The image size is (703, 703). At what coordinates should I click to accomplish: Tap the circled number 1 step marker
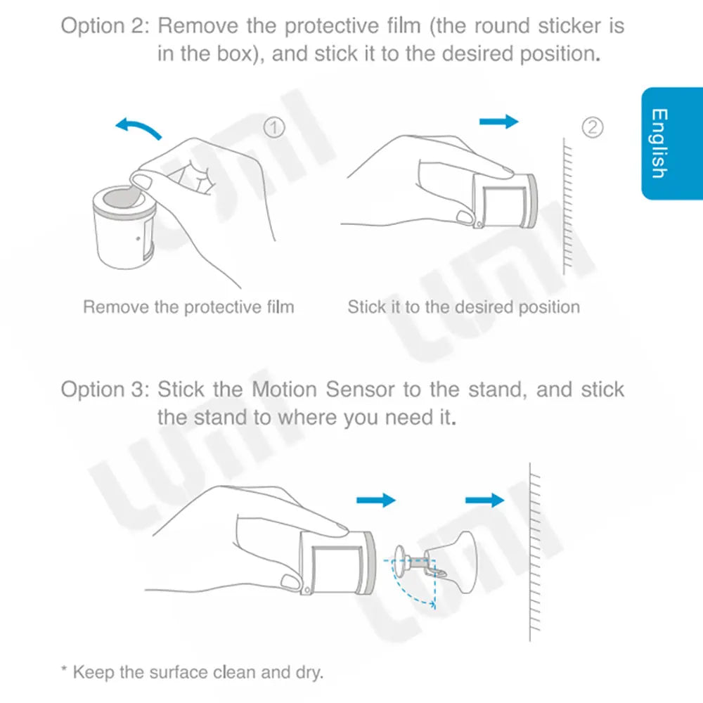[274, 127]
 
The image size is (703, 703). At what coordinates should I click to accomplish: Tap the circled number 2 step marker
[593, 127]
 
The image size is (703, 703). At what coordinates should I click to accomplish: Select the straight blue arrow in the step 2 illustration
[498, 122]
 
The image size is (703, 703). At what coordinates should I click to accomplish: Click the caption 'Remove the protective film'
[188, 307]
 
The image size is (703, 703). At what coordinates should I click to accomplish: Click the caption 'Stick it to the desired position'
[463, 307]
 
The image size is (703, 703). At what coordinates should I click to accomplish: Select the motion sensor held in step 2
[505, 200]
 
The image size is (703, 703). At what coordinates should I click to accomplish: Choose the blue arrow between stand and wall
[484, 500]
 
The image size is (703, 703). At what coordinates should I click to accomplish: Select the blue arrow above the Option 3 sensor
[376, 500]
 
